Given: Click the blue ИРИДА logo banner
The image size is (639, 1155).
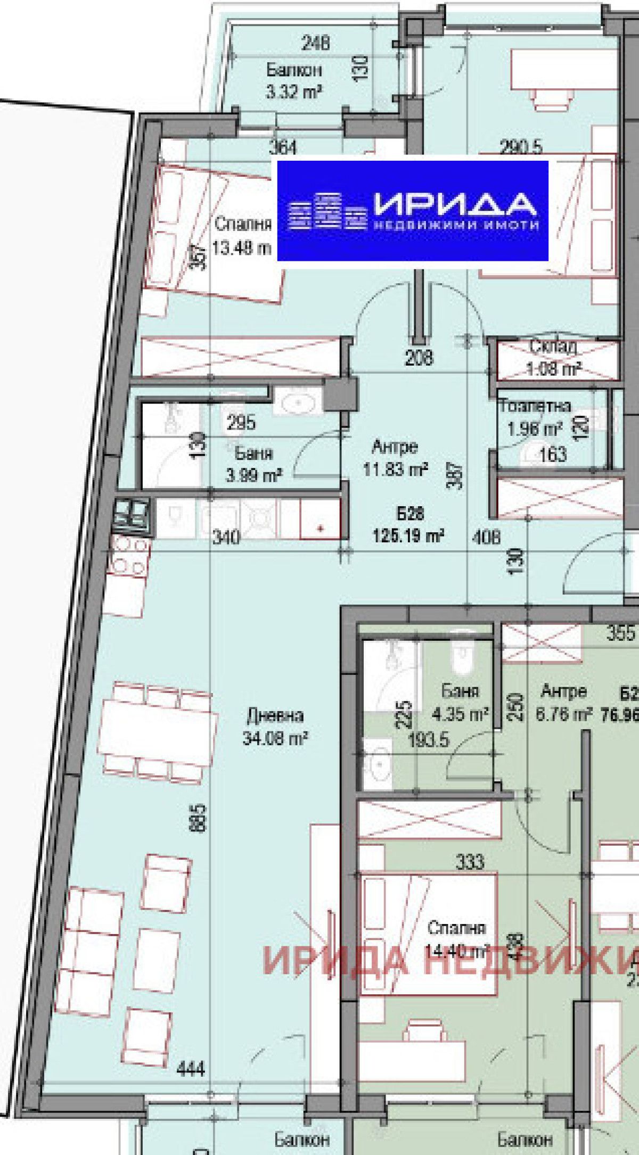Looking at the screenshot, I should click(413, 211).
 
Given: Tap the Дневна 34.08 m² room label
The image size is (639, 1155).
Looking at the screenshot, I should click(275, 726).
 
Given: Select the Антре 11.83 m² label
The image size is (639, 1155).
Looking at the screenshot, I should click(395, 458).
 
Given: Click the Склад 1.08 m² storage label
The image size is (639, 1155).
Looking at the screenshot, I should click(553, 357).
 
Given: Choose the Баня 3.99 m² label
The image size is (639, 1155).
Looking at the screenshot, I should click(253, 464).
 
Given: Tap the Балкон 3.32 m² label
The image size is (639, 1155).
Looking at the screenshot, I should click(293, 80).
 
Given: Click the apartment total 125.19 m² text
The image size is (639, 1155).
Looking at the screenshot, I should click(409, 535).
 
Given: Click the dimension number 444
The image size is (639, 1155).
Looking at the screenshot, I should click(190, 1068).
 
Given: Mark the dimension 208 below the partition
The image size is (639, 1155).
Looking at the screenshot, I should click(419, 358).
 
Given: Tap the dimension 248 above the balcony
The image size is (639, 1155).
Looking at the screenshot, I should click(315, 43).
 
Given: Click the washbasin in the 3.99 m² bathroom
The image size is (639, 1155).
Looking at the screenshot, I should click(298, 403).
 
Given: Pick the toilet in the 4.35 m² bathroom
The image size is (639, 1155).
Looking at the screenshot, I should click(461, 657).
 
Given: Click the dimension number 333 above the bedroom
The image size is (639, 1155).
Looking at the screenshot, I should click(470, 862).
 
